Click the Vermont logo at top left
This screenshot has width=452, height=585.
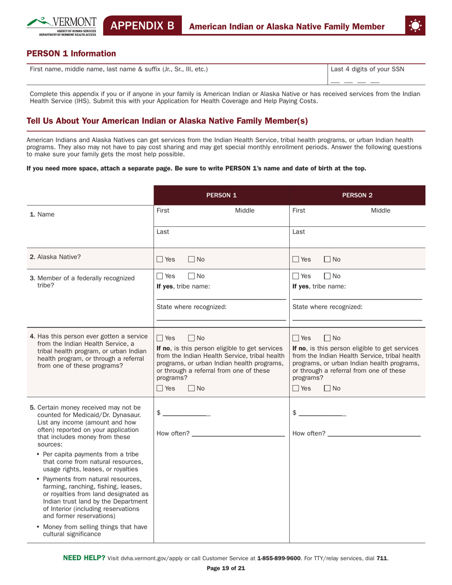coord(62,26)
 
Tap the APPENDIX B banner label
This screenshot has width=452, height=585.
coord(143,26)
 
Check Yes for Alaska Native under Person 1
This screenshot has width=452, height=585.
coord(160,259)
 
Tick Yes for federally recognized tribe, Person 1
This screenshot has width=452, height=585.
coord(160,276)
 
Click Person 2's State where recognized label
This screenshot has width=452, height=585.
coord(327,307)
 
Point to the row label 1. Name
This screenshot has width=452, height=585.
coord(41,214)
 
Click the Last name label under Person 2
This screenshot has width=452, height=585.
coord(298,232)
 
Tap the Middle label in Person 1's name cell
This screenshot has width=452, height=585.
coord(245,210)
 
